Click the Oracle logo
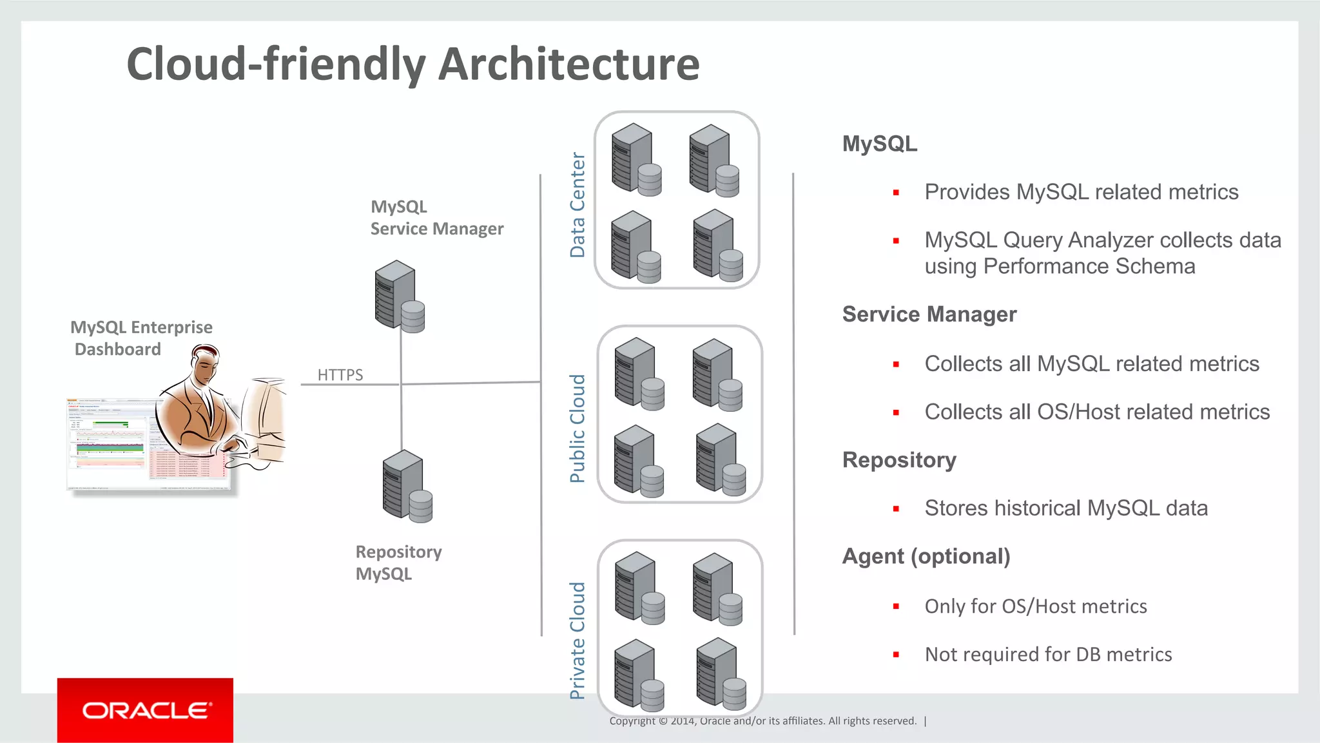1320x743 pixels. pyautogui.click(x=145, y=710)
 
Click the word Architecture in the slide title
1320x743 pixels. pyautogui.click(x=570, y=64)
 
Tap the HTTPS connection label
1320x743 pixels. pyautogui.click(x=340, y=374)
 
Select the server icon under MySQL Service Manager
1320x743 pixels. pyautogui.click(x=399, y=296)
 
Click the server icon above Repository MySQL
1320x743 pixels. pyautogui.click(x=407, y=487)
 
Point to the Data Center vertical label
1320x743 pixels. pyautogui.click(x=577, y=205)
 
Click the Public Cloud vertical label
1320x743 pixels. pyautogui.click(x=577, y=429)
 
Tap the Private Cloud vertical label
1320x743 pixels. pyautogui.click(x=577, y=641)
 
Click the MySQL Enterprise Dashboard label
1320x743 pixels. pyautogui.click(x=141, y=338)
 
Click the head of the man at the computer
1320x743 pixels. pyautogui.click(x=206, y=364)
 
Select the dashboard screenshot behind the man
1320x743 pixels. pyautogui.click(x=110, y=445)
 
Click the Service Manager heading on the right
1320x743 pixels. pyautogui.click(x=929, y=314)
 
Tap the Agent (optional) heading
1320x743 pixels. pyautogui.click(x=926, y=556)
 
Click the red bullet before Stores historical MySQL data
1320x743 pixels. pyautogui.click(x=896, y=509)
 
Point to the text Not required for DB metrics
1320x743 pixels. pyautogui.click(x=1048, y=654)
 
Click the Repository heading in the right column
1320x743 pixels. pyautogui.click(x=899, y=460)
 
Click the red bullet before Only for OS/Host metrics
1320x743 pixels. pyautogui.click(x=896, y=606)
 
